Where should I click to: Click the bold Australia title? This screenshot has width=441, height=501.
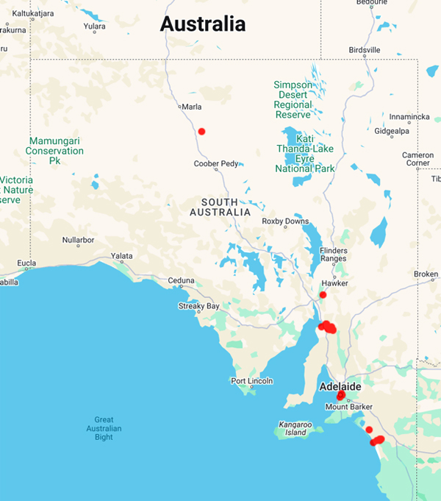(203, 24)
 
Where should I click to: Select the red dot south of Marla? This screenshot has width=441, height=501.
(201, 132)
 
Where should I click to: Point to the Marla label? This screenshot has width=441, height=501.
(192, 107)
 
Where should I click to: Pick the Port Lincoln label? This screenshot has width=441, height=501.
(251, 380)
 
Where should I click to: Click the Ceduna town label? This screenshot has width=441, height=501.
(181, 280)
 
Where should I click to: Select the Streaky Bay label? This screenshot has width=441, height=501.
(198, 306)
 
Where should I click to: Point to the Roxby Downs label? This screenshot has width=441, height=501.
(286, 221)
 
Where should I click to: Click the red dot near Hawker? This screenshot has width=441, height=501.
(323, 295)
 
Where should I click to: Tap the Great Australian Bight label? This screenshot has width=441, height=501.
(104, 429)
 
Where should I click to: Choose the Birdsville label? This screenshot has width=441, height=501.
(365, 50)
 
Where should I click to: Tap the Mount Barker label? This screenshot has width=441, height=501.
(346, 407)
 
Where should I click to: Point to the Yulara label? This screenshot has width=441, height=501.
(94, 26)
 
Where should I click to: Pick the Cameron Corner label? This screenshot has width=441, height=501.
(417, 159)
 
